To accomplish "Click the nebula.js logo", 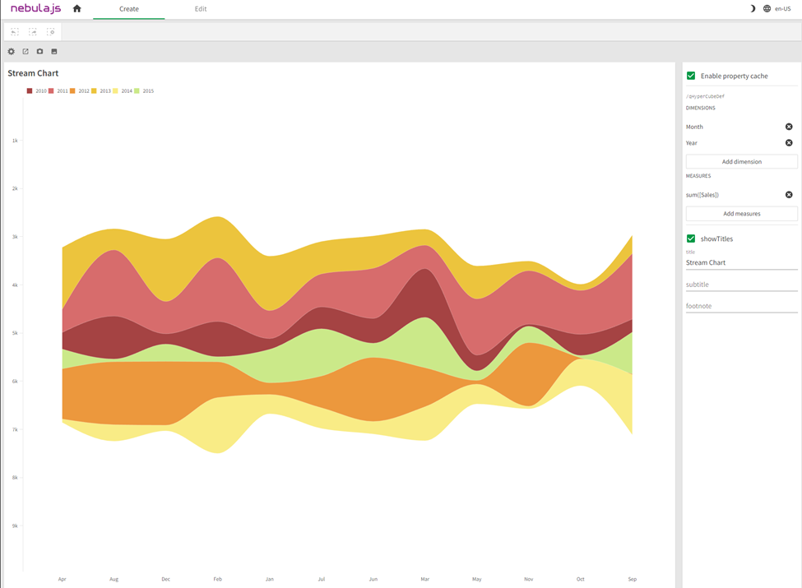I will coord(35,9).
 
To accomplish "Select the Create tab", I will coord(129,9).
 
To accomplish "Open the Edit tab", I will coord(201,9).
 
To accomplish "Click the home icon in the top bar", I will coord(77,9).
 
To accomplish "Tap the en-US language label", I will coord(782,9).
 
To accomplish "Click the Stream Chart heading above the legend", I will coord(33,73).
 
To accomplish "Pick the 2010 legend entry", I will coord(36,91).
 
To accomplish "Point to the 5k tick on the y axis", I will coord(15,333).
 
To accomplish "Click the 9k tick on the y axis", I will coord(15,525).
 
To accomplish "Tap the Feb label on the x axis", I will coord(218,579).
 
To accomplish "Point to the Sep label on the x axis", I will coord(632,579).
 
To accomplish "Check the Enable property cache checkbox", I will coord(691,76).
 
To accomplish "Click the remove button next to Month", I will coord(789,127).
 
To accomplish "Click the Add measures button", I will coord(741,214).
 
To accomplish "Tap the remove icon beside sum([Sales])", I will coord(789,195).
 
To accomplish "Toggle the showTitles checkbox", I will coord(691,238).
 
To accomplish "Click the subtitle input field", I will coord(741,285).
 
